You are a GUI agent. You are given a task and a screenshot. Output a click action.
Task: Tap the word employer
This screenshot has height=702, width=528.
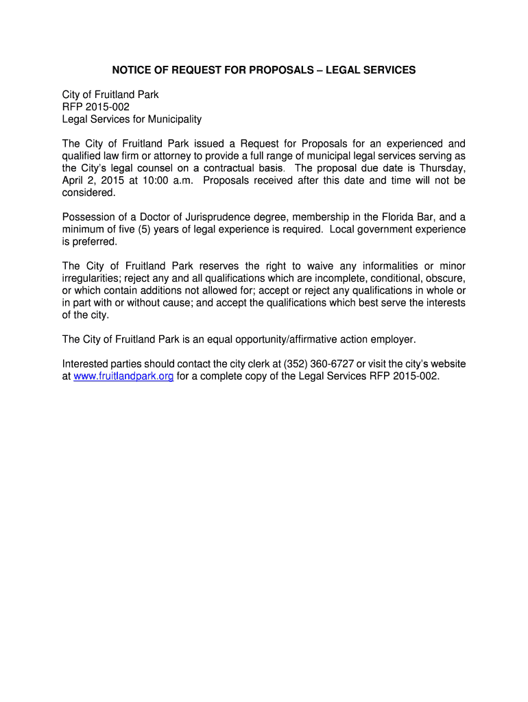(x=392, y=340)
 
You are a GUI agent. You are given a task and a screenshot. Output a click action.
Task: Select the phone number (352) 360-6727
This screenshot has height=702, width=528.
(x=314, y=364)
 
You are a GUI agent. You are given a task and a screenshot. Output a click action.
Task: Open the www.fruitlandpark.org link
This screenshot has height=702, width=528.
(x=123, y=376)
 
